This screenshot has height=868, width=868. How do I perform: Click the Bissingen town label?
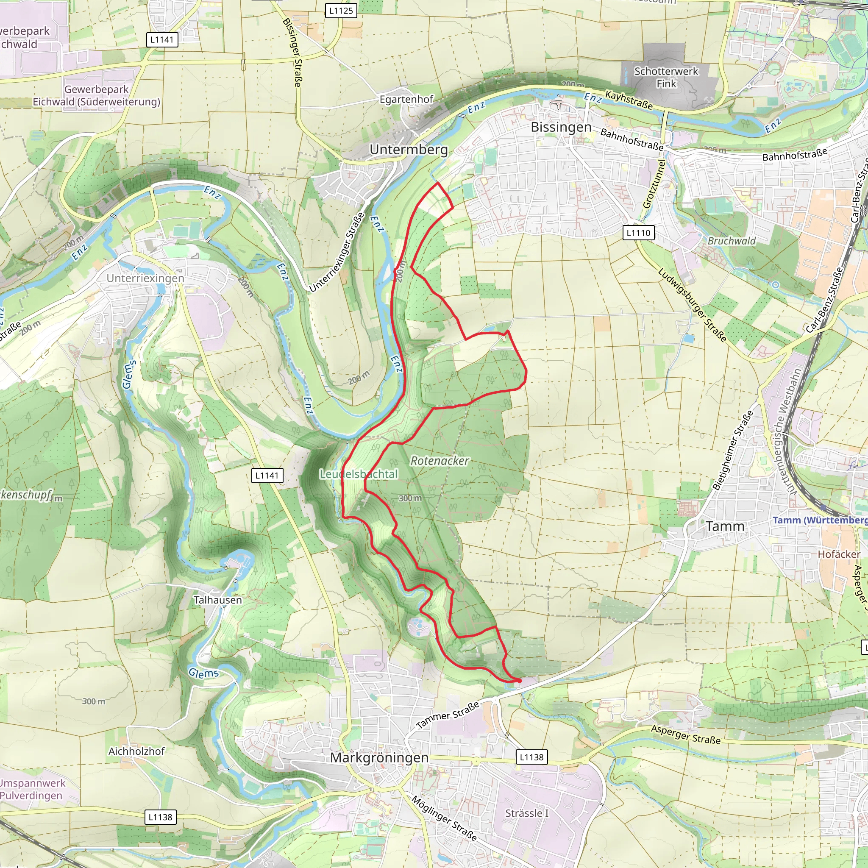pyautogui.click(x=561, y=127)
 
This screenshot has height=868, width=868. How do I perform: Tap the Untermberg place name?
pyautogui.click(x=409, y=150)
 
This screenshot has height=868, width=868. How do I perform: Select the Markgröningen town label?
pyautogui.click(x=379, y=757)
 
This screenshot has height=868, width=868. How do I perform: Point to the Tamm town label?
pyautogui.click(x=725, y=526)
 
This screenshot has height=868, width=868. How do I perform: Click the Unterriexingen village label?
pyautogui.click(x=145, y=278)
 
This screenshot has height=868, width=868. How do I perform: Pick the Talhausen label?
pyautogui.click(x=217, y=600)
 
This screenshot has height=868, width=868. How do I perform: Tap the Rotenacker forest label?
pyautogui.click(x=440, y=461)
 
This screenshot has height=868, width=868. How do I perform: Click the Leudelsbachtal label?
pyautogui.click(x=359, y=474)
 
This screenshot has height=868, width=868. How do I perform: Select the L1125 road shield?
pyautogui.click(x=341, y=11)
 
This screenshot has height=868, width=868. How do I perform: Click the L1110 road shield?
pyautogui.click(x=638, y=233)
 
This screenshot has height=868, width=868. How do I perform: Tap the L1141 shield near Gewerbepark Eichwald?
pyautogui.click(x=162, y=39)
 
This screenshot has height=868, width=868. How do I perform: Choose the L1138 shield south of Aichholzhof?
pyautogui.click(x=160, y=817)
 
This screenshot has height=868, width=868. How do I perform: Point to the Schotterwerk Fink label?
pyautogui.click(x=666, y=77)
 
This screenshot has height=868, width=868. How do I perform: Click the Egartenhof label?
pyautogui.click(x=406, y=99)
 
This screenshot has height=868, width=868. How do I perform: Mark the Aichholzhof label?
pyautogui.click(x=136, y=751)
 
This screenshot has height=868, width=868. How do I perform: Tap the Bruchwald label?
pyautogui.click(x=732, y=241)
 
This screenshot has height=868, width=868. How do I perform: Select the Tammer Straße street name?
pyautogui.click(x=448, y=715)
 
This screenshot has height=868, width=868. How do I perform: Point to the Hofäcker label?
pyautogui.click(x=838, y=554)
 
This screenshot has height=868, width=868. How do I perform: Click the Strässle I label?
pyautogui.click(x=526, y=813)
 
